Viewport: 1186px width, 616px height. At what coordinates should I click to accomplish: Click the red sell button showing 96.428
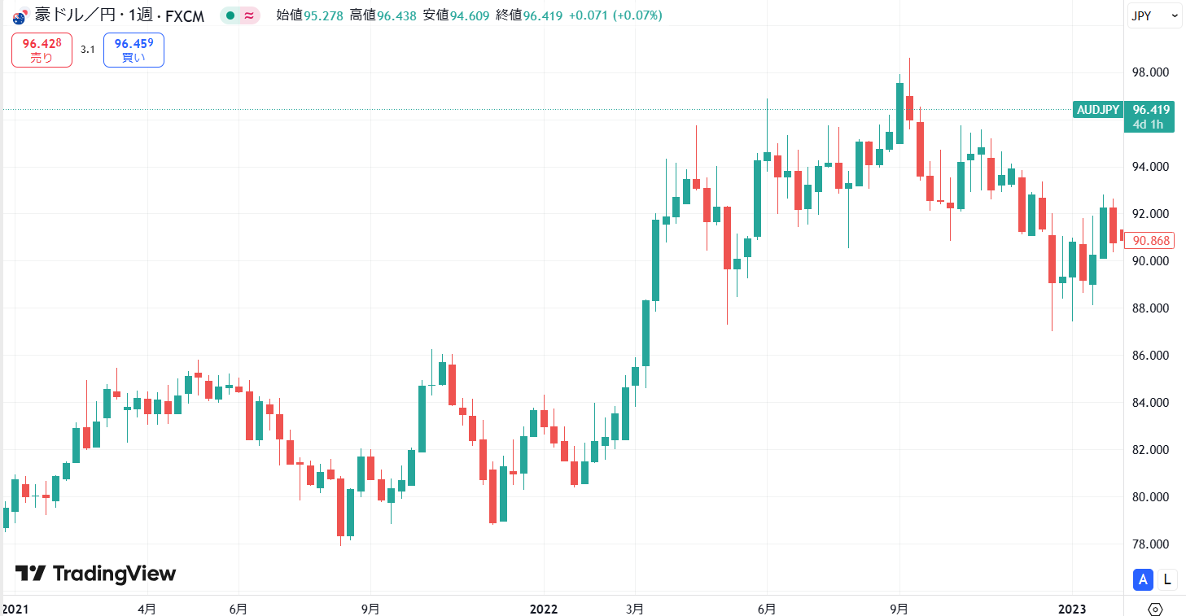tap(42, 50)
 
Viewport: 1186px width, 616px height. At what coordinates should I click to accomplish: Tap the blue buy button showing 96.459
tap(133, 50)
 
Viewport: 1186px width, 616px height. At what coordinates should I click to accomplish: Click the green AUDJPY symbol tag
tap(1098, 110)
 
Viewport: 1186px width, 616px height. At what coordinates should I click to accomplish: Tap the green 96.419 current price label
tap(1150, 110)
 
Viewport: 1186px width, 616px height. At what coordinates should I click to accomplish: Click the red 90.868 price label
tap(1150, 240)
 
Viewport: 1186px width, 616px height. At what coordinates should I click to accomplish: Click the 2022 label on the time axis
tap(543, 609)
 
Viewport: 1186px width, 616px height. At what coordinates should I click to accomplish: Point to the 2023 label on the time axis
tap(1072, 609)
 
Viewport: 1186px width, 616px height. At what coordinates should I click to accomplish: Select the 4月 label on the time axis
tap(147, 609)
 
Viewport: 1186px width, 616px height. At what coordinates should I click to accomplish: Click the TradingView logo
tap(96, 574)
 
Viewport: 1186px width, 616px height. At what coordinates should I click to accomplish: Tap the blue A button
tap(1143, 579)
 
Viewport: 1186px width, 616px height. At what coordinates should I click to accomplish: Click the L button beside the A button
tap(1167, 579)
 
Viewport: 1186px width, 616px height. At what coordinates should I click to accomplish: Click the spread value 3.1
tap(88, 50)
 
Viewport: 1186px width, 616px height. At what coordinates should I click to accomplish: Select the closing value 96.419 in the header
tap(543, 15)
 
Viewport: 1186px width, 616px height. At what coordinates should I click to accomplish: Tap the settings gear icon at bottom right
tap(1155, 609)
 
